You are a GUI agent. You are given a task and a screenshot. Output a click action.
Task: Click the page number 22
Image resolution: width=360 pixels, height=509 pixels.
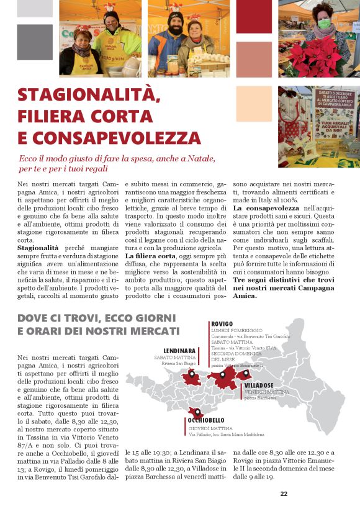(284, 494)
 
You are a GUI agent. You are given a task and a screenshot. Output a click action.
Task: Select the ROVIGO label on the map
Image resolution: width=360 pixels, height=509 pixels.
(222, 323)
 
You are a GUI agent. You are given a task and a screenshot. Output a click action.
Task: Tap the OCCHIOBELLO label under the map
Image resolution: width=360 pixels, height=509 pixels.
(207, 420)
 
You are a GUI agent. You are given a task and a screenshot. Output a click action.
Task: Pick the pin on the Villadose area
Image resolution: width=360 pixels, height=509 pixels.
(246, 372)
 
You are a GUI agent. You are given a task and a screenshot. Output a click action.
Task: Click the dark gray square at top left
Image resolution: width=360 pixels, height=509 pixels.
(35, 42)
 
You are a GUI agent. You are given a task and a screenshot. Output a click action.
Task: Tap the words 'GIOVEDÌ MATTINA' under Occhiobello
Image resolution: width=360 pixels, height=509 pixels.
(210, 428)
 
